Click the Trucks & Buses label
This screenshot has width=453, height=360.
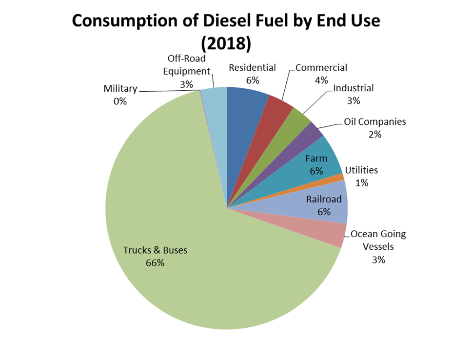(155, 250)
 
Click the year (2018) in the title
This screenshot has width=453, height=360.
(226, 43)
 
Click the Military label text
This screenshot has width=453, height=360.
(120, 89)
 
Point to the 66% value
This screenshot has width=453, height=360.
(155, 263)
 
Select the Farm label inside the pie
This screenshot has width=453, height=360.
(316, 159)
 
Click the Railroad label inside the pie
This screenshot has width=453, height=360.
(324, 199)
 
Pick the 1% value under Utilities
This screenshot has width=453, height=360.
(361, 183)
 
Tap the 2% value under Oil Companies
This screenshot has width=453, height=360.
(374, 134)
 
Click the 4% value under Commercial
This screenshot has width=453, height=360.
(321, 80)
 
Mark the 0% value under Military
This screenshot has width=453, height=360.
(120, 101)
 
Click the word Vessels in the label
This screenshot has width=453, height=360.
(378, 246)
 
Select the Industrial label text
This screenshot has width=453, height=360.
(353, 88)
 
